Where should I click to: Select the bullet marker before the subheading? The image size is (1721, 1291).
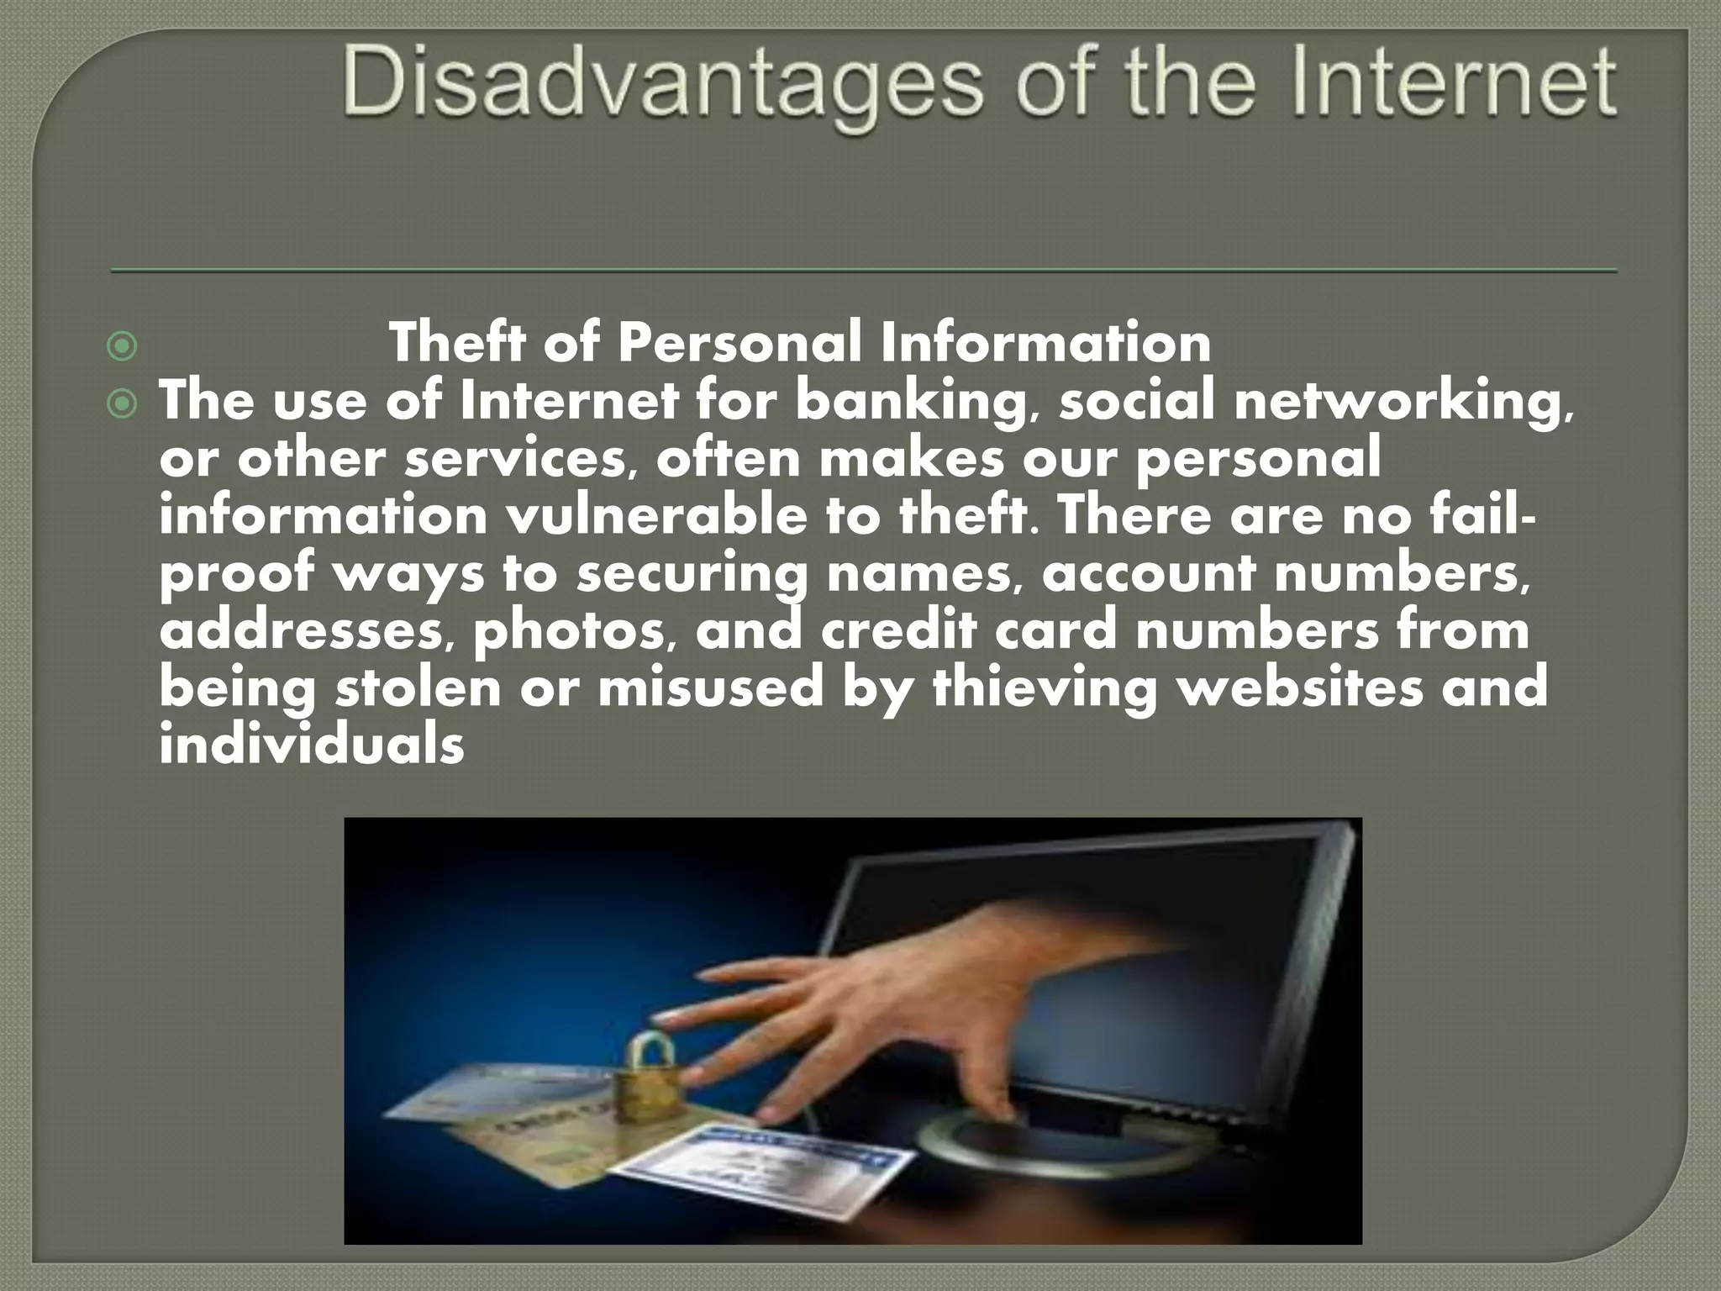coord(123,345)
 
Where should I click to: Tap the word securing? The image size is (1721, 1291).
coord(690,575)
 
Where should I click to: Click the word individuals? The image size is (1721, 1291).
coord(312,745)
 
